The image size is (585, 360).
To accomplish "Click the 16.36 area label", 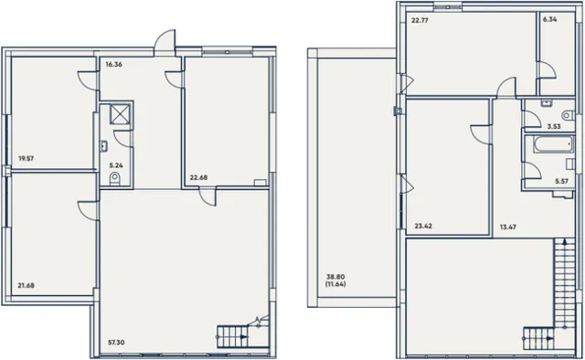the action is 113,64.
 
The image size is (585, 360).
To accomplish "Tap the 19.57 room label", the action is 27,158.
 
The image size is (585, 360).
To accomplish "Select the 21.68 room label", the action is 27,285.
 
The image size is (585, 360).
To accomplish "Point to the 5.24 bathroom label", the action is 116,164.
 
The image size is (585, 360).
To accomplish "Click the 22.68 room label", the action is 198,177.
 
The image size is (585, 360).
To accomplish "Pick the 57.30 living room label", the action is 116,342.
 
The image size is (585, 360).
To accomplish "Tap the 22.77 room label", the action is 420,20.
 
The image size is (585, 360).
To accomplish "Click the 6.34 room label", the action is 550,19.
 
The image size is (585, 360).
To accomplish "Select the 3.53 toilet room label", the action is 554,126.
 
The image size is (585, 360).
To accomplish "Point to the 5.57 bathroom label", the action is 561,181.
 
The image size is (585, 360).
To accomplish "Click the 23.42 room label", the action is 423,226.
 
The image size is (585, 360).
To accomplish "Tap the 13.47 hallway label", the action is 508,227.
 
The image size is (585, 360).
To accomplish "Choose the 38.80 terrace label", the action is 335,277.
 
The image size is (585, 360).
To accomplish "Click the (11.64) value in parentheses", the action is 335,284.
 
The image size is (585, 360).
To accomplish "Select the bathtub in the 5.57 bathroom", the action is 553,144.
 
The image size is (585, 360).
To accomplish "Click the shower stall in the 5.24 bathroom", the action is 120,114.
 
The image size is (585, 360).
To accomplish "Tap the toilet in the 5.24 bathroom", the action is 115,179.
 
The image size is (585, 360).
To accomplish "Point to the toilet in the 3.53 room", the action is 569,115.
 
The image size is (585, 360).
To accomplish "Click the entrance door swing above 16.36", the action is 165,40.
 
